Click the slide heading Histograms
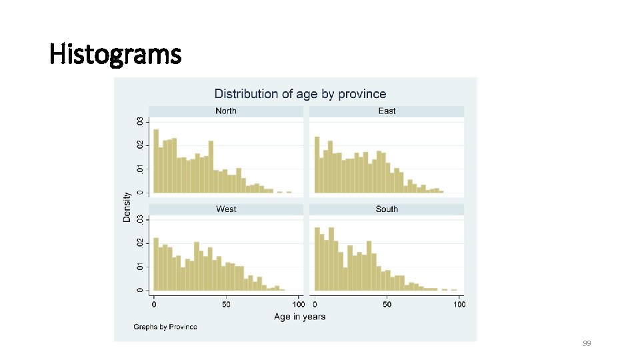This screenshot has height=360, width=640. (x=115, y=54)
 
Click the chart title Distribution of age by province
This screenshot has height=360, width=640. (x=300, y=94)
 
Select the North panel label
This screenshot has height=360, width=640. (x=226, y=111)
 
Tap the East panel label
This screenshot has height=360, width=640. (x=387, y=111)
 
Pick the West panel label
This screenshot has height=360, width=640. (x=226, y=209)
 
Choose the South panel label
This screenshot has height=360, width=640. (x=387, y=209)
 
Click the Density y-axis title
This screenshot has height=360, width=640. (x=127, y=207)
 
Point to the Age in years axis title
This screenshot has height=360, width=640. (x=300, y=317)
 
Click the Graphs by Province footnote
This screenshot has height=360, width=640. (x=165, y=327)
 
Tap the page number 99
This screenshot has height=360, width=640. (x=587, y=343)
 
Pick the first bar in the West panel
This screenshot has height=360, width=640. (x=156, y=264)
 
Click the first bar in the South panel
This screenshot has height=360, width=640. (x=317, y=259)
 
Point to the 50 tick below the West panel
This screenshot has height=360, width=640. (x=227, y=305)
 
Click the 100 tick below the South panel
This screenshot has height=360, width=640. (x=459, y=305)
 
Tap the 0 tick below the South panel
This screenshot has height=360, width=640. (x=315, y=305)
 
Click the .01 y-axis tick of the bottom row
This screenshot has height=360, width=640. (x=139, y=266)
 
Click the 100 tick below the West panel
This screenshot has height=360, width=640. (x=299, y=305)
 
